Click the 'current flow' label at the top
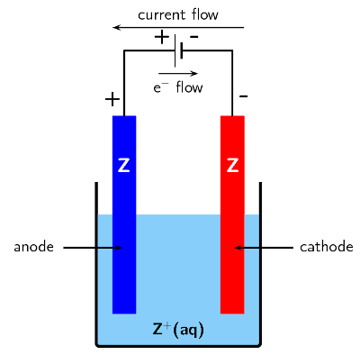coord(178,14)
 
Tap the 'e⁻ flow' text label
coord(177,87)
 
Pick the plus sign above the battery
coord(162,37)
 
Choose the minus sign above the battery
coord(194,37)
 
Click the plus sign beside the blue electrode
coord(112,98)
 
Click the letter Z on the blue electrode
coord(124,166)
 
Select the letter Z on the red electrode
coord(232,166)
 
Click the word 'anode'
coord(34,247)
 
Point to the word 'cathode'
coord(326,247)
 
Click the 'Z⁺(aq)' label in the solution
coord(178,330)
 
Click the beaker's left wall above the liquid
coord(96,198)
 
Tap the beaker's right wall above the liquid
coord(260,198)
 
